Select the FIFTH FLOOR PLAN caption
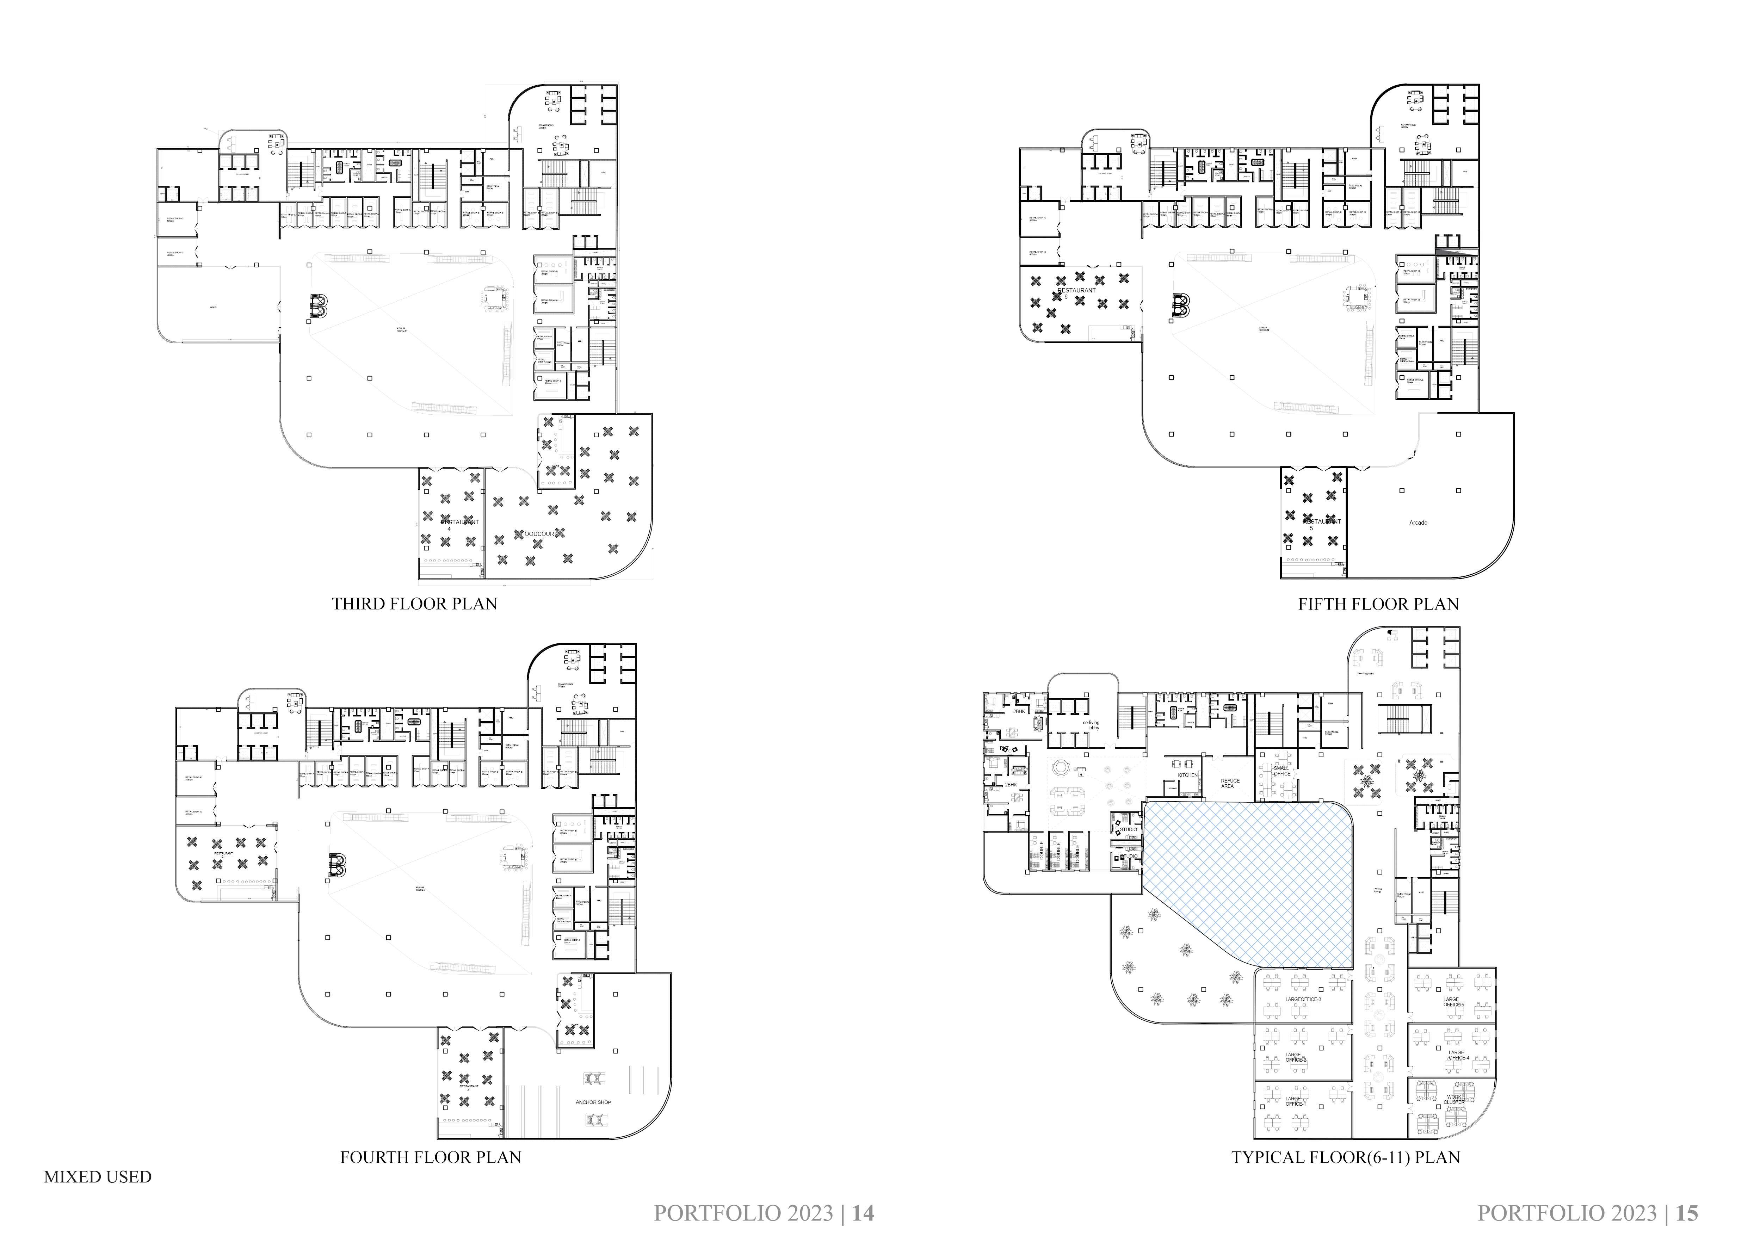coord(1378,604)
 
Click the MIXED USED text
coord(98,1177)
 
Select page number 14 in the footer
coord(863,1212)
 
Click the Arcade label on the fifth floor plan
coord(1417,523)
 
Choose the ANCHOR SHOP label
coord(593,1102)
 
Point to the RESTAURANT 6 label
coord(1076,293)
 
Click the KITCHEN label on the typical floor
coord(1188,775)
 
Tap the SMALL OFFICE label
coord(1282,771)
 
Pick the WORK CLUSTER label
coord(1453,1100)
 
